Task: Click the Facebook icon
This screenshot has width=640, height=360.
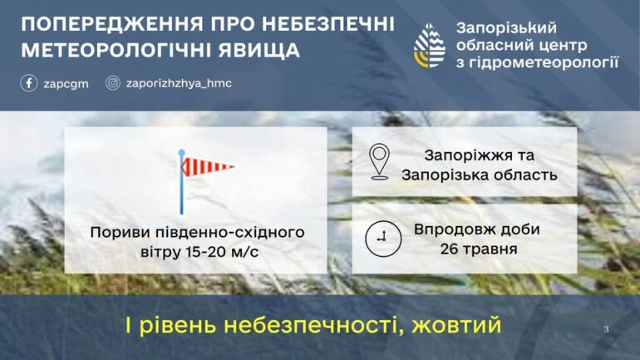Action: [28, 83]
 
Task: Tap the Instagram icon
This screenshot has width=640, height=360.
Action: [113, 83]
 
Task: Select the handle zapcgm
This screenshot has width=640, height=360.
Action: [66, 84]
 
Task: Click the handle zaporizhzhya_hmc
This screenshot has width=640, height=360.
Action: [180, 84]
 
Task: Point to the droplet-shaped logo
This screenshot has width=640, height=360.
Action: [430, 45]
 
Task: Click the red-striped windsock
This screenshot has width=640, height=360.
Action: [207, 166]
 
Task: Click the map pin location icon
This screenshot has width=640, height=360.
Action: [379, 161]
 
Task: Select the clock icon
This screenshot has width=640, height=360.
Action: [383, 239]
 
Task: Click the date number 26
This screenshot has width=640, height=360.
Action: [449, 249]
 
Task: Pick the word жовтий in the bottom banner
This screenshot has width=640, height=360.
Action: [456, 325]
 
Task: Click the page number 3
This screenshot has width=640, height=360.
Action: [607, 329]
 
